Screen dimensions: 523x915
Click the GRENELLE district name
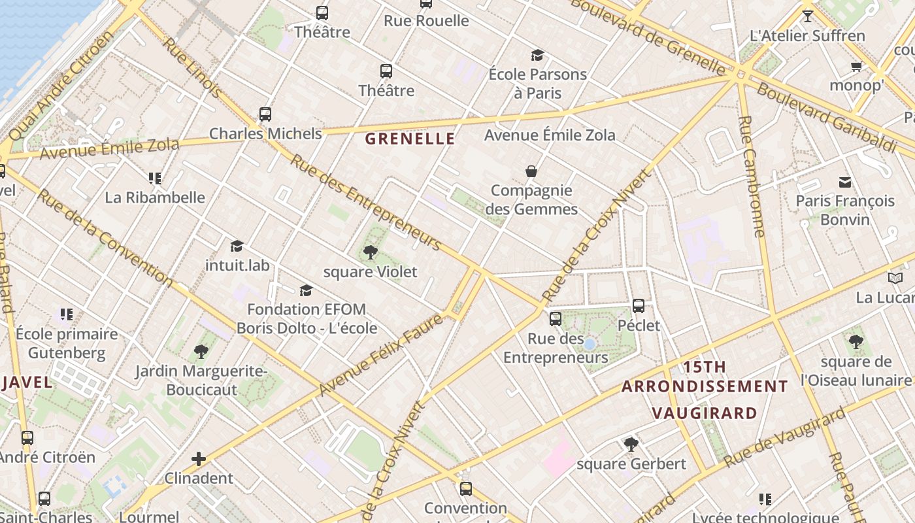(x=410, y=139)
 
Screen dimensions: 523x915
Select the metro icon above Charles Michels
(x=265, y=114)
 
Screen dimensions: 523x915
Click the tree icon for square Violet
(x=370, y=252)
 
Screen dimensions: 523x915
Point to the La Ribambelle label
(x=155, y=197)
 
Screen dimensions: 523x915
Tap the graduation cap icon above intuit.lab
(x=237, y=246)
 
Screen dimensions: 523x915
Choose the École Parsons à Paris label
(x=537, y=84)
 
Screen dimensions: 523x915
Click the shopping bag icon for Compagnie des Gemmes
(x=531, y=171)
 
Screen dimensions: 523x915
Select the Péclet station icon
(x=639, y=305)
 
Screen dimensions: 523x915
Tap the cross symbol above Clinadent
(x=199, y=459)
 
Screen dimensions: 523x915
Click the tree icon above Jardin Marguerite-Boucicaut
(x=201, y=352)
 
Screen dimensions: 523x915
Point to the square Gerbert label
(x=631, y=464)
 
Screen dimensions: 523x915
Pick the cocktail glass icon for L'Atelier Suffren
(x=808, y=16)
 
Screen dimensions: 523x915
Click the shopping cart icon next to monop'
(x=856, y=66)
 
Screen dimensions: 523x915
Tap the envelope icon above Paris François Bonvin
(x=845, y=182)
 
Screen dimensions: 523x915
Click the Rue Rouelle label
(x=426, y=21)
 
